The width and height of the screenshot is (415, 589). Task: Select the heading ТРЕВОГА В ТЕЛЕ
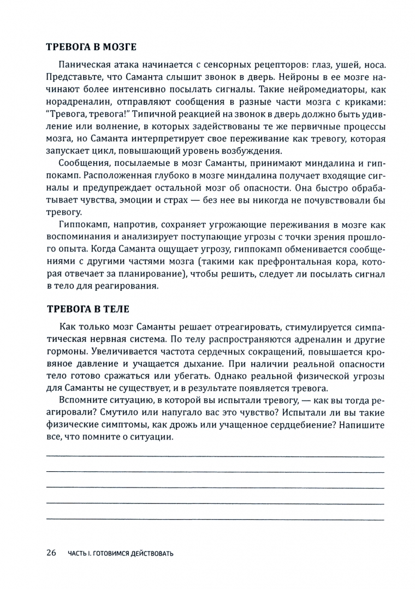[x=88, y=309]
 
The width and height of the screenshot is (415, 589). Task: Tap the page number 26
[x=51, y=553]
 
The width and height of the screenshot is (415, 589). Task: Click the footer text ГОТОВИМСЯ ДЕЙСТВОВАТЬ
[x=133, y=554]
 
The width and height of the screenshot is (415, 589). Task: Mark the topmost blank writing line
[x=215, y=456]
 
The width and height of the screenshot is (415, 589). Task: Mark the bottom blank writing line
[x=215, y=517]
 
